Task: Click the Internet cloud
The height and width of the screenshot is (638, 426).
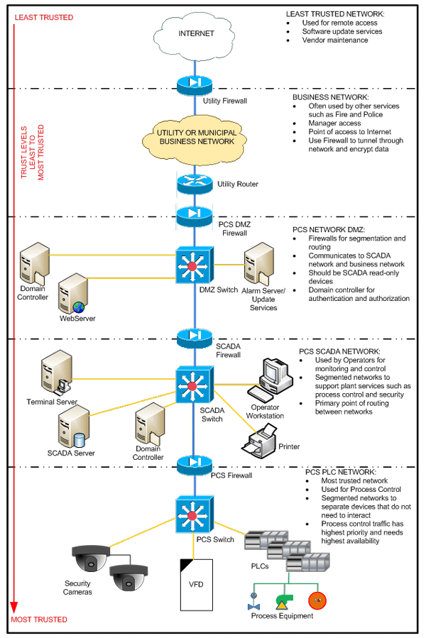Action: coord(195,34)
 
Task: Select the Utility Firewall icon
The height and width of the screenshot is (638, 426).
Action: coord(195,82)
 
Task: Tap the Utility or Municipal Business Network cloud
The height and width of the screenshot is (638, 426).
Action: coord(195,137)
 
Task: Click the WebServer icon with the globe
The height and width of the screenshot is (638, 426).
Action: coord(73,293)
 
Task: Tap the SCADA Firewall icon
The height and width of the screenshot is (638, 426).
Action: coord(195,336)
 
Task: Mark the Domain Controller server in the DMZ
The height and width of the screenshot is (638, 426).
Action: coord(34,265)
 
